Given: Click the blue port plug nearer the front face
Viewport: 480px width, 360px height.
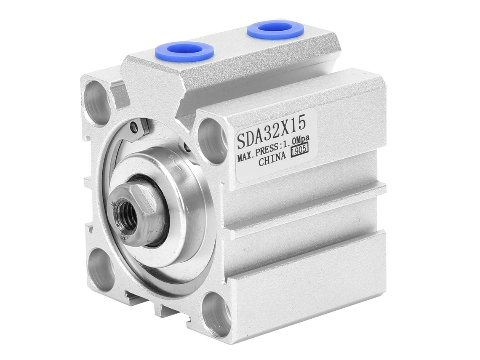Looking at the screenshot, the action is click(x=184, y=50).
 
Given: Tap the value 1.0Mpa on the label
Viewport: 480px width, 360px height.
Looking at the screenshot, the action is click(x=296, y=141).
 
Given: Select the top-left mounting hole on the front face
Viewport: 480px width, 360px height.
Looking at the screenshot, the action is click(x=96, y=99).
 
